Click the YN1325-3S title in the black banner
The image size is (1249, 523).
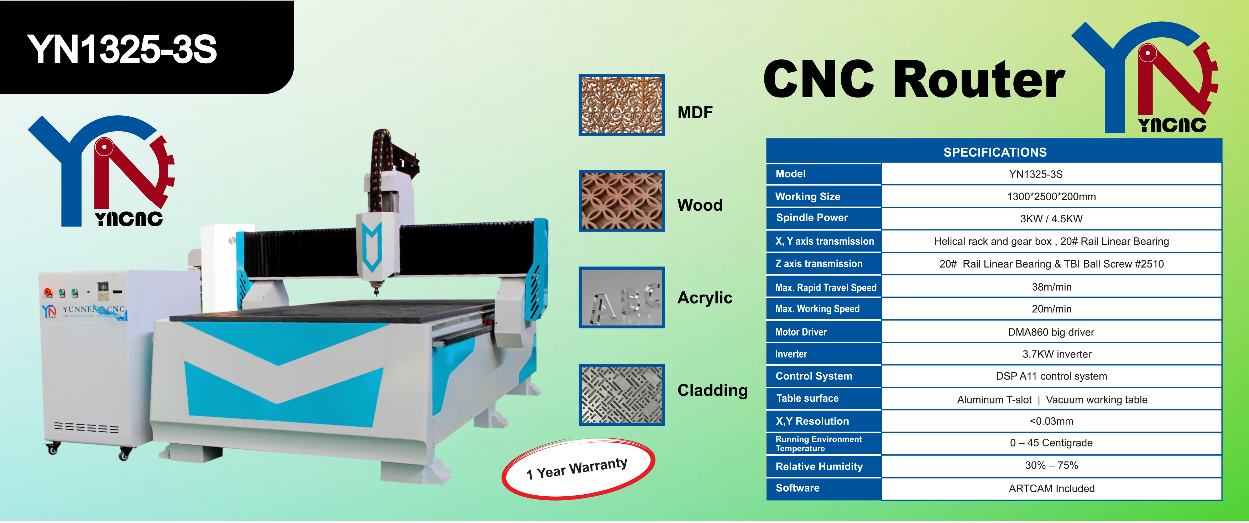click(x=122, y=49)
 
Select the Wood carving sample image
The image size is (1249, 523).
click(x=622, y=201)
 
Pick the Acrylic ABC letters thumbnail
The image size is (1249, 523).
click(x=622, y=297)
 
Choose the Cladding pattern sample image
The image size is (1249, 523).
click(x=622, y=395)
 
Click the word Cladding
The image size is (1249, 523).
click(x=712, y=390)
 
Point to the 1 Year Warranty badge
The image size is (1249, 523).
click(x=578, y=469)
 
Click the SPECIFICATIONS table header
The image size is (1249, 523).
click(x=995, y=152)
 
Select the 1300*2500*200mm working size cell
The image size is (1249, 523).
click(x=1051, y=196)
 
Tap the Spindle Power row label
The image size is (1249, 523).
click(x=812, y=218)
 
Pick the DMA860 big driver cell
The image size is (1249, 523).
click(x=1051, y=332)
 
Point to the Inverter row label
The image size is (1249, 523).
click(x=791, y=354)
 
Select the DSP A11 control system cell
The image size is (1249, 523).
click(x=1051, y=376)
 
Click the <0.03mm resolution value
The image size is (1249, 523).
click(x=1051, y=421)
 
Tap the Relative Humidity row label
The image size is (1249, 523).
click(x=819, y=466)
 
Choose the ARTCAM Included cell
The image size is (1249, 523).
click(x=1051, y=488)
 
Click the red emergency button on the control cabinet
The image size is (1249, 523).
click(x=48, y=292)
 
